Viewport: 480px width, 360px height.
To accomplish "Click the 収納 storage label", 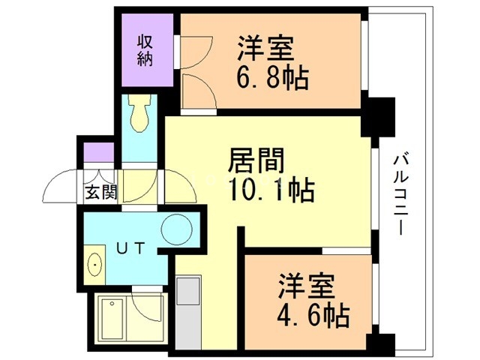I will coord(145,49).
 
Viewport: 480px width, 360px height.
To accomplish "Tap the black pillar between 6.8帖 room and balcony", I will coord(380,116).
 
